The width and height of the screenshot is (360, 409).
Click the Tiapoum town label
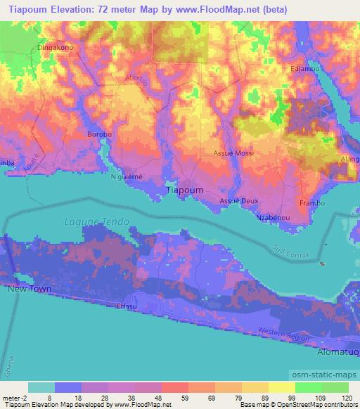tap(184, 190)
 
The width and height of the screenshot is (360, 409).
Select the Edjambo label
tap(304, 70)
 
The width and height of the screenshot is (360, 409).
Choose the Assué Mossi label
tap(233, 153)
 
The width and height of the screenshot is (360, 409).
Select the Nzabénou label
tap(274, 218)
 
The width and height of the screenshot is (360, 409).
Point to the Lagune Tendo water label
tap(97, 221)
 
